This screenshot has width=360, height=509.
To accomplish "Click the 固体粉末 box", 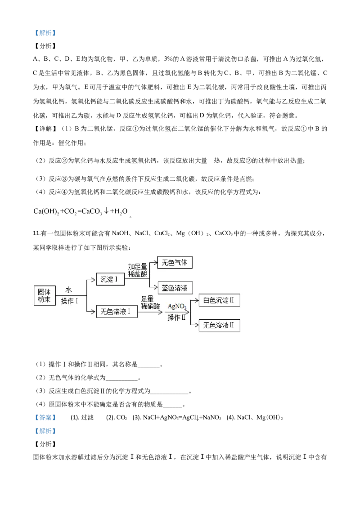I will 44,295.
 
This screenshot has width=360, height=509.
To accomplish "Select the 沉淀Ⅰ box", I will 110,279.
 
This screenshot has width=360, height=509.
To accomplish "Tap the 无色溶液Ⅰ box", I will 117,311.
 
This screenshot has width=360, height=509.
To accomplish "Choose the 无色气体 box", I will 175,263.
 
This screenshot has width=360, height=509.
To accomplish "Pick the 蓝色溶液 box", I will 175,288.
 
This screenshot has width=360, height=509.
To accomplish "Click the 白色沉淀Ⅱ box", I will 219,300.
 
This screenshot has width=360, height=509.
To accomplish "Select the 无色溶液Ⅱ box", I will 219,325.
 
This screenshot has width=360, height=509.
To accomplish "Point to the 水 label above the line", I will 69,290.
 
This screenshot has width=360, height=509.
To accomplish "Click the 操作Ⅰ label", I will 70,301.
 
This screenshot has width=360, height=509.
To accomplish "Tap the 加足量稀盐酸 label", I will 138,270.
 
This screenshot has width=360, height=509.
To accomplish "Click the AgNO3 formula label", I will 177,307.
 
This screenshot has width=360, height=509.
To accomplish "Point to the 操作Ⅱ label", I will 176,317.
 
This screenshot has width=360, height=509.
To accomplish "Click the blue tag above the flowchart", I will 45,33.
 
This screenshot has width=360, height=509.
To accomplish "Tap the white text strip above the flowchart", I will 81,212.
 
